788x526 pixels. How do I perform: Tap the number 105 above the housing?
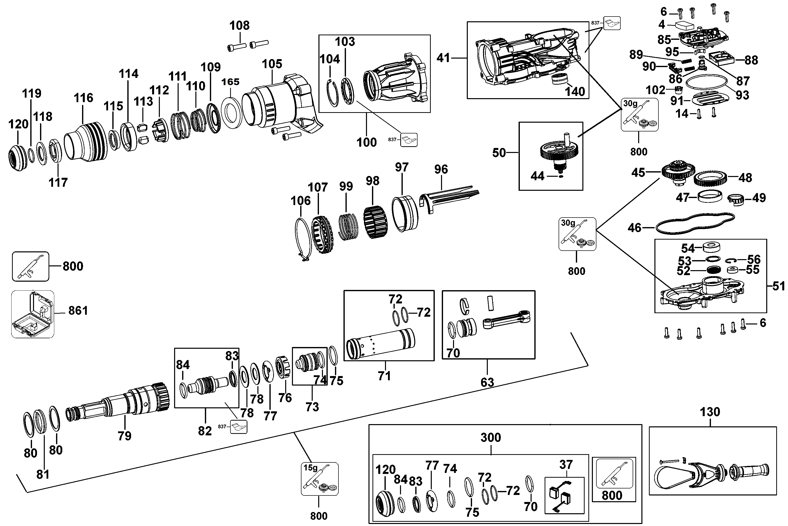[272, 64]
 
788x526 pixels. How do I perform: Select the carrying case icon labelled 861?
[33, 314]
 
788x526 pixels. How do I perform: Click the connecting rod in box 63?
[506, 323]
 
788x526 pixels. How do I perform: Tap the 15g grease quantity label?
[310, 468]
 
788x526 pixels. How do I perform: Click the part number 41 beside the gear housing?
[443, 58]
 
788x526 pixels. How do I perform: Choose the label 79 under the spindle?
[124, 436]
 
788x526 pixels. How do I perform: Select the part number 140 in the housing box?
[575, 92]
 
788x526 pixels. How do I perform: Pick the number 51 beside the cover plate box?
[778, 286]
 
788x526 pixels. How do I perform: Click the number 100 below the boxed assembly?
[366, 142]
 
